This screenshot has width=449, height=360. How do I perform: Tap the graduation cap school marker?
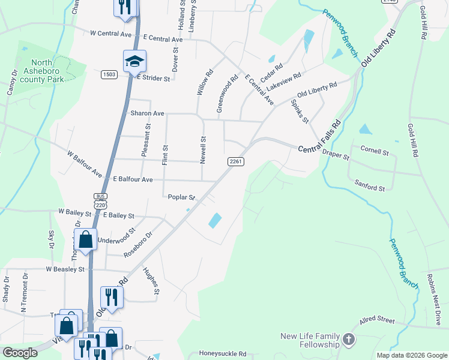(x=134, y=61)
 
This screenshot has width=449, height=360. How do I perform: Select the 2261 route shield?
(x=235, y=162)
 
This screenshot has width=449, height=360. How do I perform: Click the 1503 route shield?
(x=109, y=74)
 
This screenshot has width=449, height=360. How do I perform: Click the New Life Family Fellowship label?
(x=310, y=341)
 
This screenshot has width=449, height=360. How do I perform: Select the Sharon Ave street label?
(x=147, y=113)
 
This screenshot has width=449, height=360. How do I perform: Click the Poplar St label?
(x=182, y=197)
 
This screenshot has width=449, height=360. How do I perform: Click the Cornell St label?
(x=375, y=150)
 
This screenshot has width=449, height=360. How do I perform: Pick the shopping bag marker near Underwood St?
(x=86, y=239)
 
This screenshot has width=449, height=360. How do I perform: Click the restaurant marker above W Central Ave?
(x=125, y=7)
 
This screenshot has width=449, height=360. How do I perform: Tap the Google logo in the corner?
(x=20, y=353)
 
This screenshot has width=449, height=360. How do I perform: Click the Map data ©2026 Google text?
(x=412, y=355)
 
